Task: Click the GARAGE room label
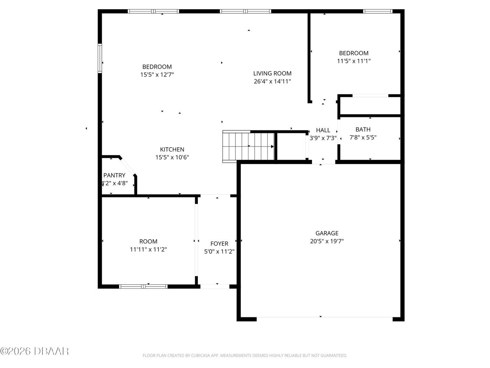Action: (327, 233)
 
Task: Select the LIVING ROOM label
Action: (272, 73)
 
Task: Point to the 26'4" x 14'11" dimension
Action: (272, 81)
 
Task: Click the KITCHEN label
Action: (172, 149)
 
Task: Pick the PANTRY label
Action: (114, 175)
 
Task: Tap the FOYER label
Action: (219, 243)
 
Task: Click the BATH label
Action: (363, 129)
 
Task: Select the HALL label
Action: (323, 130)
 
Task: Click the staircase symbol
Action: (249, 146)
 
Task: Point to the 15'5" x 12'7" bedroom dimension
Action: (157, 75)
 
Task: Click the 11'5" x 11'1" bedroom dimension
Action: (354, 61)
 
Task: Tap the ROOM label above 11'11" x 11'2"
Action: (148, 242)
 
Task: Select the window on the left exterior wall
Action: (100, 59)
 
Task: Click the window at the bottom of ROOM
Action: (144, 286)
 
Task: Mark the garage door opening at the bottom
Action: (324, 317)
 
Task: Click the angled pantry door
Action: (128, 166)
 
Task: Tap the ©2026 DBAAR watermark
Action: (34, 351)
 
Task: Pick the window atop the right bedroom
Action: (377, 11)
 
